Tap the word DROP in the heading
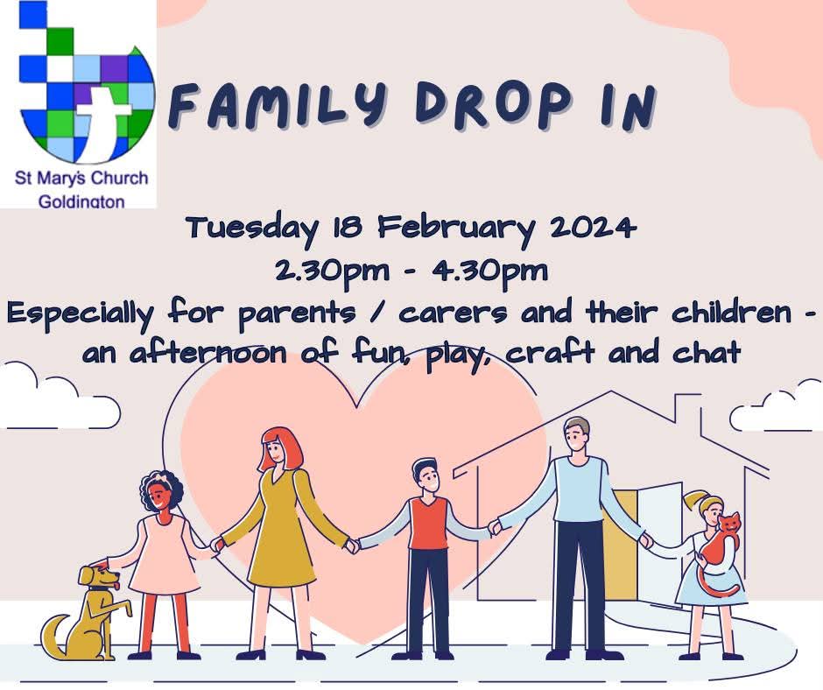pyautogui.click(x=492, y=106)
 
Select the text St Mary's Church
pyautogui.click(x=81, y=178)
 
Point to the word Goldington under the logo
pyautogui.click(x=81, y=201)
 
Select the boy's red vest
pyautogui.click(x=429, y=523)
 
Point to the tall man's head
pyautogui.click(x=577, y=433)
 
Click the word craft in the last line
pyautogui.click(x=551, y=352)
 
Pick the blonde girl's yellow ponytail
pyautogui.click(x=697, y=497)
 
